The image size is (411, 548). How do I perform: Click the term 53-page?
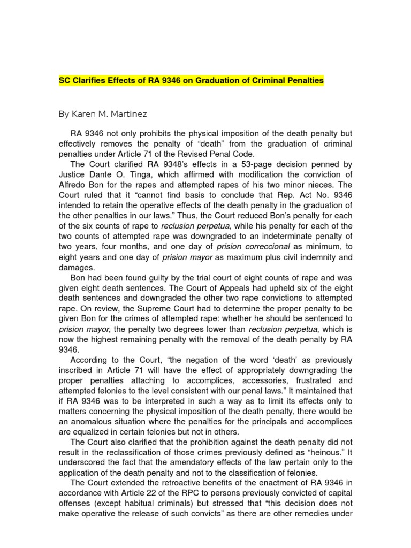tap(252, 165)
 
